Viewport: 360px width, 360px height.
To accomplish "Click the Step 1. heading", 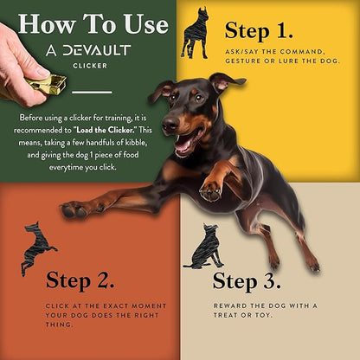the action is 259,30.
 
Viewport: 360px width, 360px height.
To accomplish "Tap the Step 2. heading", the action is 80,280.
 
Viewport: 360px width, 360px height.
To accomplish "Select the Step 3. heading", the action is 247,281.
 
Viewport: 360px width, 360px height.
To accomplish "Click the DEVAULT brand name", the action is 97,50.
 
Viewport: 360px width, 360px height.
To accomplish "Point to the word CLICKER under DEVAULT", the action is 90,66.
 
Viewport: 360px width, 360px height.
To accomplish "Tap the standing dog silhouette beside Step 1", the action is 195,34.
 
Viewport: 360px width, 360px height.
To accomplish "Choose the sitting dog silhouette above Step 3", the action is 205,246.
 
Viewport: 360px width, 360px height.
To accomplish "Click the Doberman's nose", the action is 170,123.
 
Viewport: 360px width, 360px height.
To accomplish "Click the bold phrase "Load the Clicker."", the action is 106,130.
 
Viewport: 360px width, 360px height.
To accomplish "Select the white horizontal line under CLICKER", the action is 92,93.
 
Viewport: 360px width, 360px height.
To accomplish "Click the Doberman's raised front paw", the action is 210,190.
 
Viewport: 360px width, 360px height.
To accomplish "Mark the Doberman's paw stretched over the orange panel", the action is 74,209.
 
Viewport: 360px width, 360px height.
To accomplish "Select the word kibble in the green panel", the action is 136,143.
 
